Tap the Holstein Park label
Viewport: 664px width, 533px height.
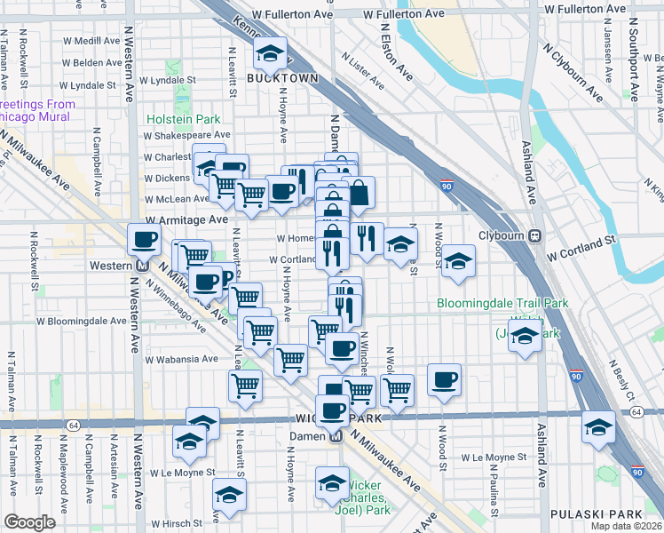point(184,119)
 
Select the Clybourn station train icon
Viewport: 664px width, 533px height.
point(535,235)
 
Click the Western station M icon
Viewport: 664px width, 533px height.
point(141,266)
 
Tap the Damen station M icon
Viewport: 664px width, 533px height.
point(336,436)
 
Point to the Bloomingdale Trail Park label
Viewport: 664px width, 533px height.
point(502,304)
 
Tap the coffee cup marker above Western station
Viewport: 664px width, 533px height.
point(145,239)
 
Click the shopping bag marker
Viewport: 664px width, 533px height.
point(358,191)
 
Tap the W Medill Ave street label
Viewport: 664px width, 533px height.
point(91,41)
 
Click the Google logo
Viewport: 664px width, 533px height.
point(29,522)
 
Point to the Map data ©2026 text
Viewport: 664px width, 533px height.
point(628,527)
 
